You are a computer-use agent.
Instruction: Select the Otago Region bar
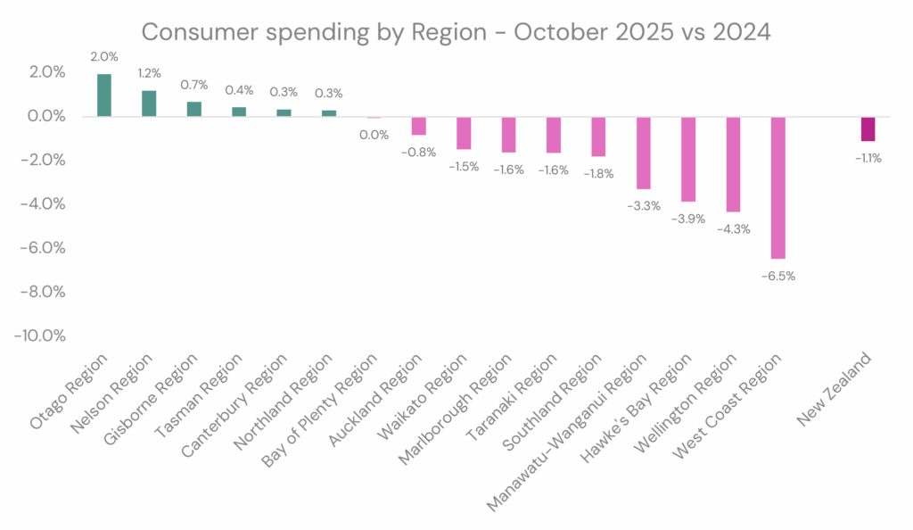104,95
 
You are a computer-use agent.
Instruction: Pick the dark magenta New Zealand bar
868,128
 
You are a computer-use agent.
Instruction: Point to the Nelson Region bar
149,104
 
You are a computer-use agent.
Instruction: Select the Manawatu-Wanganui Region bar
643,153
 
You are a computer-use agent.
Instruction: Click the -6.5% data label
777,276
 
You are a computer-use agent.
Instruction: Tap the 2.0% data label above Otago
104,56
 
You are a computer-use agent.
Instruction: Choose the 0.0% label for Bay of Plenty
374,135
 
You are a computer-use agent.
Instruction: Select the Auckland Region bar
418,125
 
